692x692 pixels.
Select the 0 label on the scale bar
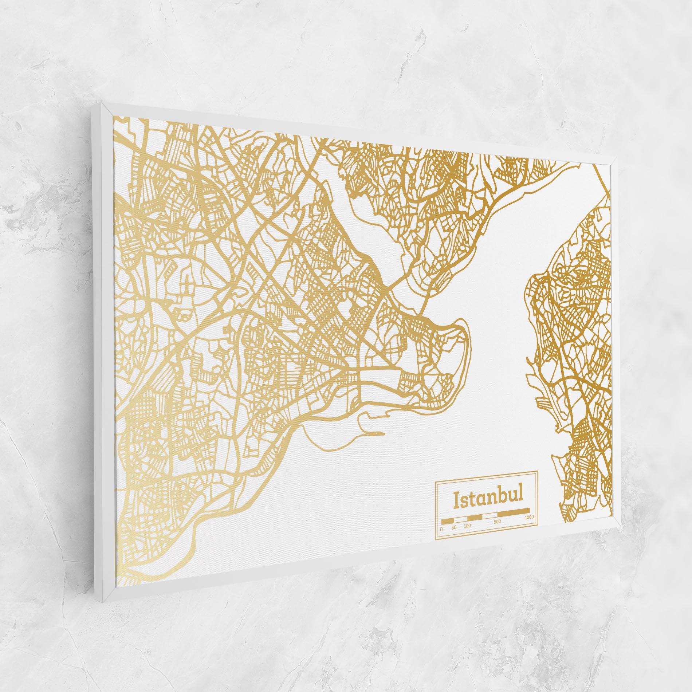[x=441, y=529]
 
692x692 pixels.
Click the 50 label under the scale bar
[x=454, y=527]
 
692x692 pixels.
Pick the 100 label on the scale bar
[x=467, y=526]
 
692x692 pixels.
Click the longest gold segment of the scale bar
[x=513, y=512]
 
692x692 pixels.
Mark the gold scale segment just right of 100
[x=475, y=517]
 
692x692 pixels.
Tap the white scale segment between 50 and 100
[x=461, y=519]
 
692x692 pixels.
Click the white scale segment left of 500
[x=490, y=515]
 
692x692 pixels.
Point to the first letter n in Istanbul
[x=492, y=499]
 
